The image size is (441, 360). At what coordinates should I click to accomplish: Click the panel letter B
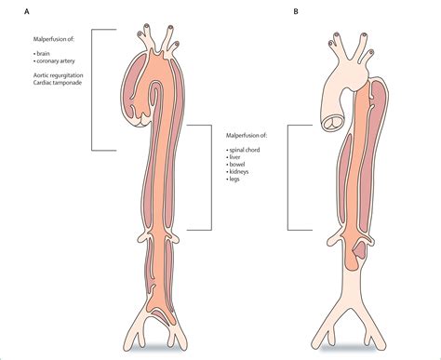tap(296, 12)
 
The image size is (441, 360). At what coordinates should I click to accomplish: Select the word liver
tap(236, 158)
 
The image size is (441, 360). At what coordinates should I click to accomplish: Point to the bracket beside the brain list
tap(94, 88)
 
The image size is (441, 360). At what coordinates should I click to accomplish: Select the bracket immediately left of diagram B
tap(289, 177)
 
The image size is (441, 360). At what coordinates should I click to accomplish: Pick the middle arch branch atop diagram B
tap(356, 44)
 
